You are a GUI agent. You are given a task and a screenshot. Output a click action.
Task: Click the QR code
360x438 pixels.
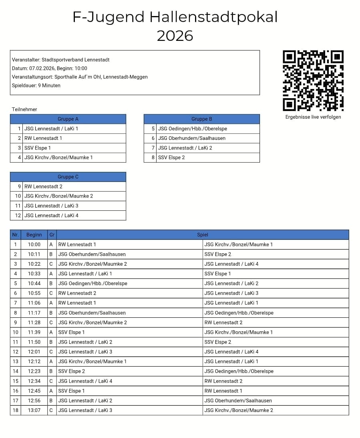coord(313,81)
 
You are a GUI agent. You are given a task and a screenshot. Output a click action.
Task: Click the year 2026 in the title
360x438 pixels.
coord(175,36)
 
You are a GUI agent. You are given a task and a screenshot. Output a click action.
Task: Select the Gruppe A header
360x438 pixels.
coord(68,119)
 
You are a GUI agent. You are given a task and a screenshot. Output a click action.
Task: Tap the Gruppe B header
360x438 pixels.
coord(202,119)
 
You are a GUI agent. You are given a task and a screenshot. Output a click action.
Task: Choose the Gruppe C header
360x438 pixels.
coord(68,177)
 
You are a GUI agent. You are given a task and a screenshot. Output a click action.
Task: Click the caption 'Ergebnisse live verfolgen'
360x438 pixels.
coord(313,117)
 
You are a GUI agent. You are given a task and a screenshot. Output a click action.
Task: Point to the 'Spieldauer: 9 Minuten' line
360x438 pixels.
coord(36,85)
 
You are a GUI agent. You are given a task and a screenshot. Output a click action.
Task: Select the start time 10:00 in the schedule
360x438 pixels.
coord(34,244)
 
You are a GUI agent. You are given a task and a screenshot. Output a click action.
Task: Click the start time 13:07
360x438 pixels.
coord(34,410)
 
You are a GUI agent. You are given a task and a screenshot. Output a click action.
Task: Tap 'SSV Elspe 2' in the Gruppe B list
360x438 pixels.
coord(171,157)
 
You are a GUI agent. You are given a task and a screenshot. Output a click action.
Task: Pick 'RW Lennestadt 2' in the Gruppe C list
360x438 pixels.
coord(43,186)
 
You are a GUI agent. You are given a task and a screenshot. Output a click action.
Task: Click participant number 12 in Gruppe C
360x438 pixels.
coord(18,215)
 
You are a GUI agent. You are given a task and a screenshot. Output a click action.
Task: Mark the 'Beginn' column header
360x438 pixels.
coord(34,235)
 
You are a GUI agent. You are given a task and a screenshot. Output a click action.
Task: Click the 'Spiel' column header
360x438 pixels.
coord(203,235)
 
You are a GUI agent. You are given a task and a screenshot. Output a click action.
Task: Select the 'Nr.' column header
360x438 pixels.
coord(16,235)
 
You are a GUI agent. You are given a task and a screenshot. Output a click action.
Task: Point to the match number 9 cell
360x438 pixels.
coord(16,323)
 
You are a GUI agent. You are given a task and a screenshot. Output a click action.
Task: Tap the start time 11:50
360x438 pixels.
coord(34,342)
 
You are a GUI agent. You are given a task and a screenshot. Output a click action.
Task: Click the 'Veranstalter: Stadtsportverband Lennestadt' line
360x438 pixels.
coord(60,60)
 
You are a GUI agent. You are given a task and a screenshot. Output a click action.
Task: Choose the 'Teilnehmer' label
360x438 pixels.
coord(24,109)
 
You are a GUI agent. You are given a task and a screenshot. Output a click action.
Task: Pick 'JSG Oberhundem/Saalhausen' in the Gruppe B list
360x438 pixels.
coord(191,138)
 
